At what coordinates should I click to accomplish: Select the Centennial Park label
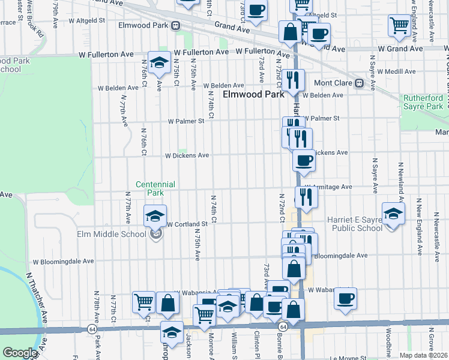[155, 189]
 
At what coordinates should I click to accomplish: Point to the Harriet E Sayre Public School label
[354, 223]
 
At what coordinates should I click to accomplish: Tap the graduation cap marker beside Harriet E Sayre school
[393, 214]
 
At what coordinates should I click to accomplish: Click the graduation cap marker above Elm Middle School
[155, 214]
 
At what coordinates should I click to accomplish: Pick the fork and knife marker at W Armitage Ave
[307, 196]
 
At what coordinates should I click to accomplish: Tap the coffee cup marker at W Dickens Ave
[304, 160]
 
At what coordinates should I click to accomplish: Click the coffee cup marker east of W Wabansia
[345, 298]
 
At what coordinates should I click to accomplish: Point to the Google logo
[20, 353]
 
